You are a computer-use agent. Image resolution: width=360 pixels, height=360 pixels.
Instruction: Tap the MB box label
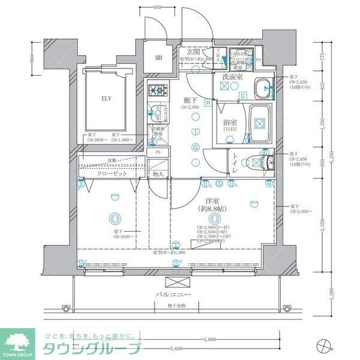159,58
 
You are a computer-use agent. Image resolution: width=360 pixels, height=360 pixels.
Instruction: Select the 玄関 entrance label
192,53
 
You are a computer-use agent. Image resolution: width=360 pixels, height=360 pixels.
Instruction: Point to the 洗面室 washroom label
232,77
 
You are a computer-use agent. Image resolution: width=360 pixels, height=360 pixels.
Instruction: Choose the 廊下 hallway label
190,101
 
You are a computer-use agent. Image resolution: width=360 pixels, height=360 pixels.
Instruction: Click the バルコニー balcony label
175,295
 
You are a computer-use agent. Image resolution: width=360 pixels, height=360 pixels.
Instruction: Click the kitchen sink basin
156,112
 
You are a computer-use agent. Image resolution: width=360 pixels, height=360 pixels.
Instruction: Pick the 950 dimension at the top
157,8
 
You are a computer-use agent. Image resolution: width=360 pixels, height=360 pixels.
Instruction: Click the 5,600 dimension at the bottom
175,349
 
